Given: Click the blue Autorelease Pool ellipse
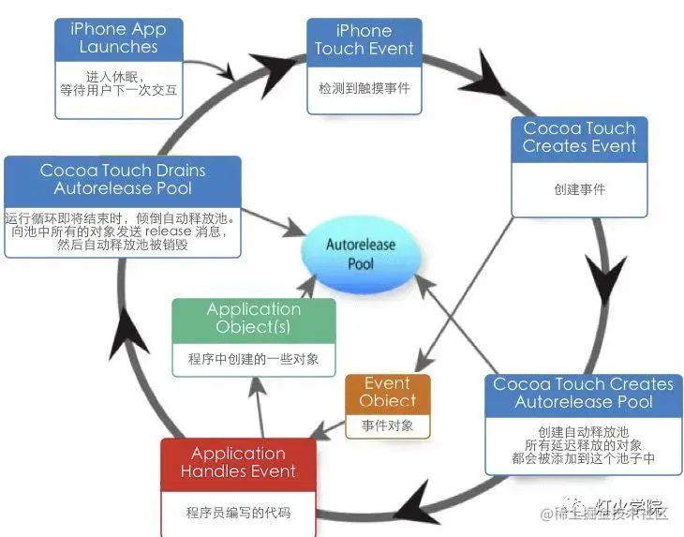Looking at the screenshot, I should (x=361, y=254).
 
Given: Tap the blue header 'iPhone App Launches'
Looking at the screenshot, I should (x=117, y=37).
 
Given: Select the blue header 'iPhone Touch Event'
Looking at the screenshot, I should (x=364, y=40).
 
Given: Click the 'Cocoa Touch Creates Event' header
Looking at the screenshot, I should (x=578, y=138).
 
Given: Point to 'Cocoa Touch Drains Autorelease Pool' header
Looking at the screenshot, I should (x=123, y=179).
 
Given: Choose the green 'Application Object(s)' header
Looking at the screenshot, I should (x=253, y=318).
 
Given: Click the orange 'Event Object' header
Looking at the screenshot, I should (x=387, y=392).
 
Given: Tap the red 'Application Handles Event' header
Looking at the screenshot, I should (x=238, y=462).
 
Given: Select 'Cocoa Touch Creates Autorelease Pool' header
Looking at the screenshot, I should (x=583, y=393).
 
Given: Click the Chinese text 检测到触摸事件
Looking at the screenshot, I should (x=364, y=88).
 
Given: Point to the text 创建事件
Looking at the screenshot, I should (x=579, y=188).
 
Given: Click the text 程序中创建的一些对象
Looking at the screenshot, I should (x=253, y=358).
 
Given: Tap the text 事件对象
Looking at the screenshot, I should (x=387, y=425).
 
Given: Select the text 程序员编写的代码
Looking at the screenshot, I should (x=238, y=513).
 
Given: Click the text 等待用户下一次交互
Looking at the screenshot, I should (x=118, y=91).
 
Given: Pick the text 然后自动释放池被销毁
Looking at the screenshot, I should (x=123, y=246).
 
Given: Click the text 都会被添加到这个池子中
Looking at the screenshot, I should (x=583, y=458).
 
